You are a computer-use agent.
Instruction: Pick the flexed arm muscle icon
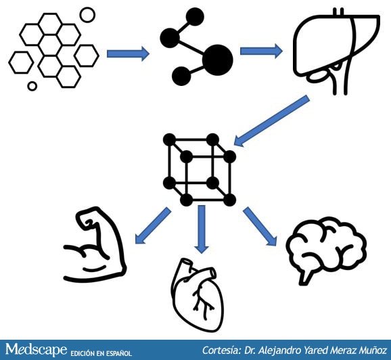117,240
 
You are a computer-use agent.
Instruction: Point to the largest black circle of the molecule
218,60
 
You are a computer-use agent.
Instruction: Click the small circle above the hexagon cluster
87,15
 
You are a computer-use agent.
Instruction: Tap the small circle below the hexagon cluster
32,86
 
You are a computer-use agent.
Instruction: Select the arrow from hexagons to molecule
128,53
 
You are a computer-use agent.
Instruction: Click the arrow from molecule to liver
261,51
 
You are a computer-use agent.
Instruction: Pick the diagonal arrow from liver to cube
271,121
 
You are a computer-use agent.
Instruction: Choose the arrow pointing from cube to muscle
153,226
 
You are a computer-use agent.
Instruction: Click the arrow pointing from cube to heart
202,229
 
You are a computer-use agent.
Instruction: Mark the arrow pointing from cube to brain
260,226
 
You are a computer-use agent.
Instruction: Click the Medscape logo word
37,349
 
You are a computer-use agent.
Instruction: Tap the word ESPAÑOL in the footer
118,353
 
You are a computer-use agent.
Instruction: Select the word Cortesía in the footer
222,350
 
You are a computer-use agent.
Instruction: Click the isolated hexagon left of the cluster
21,62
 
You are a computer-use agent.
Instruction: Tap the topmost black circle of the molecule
195,17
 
